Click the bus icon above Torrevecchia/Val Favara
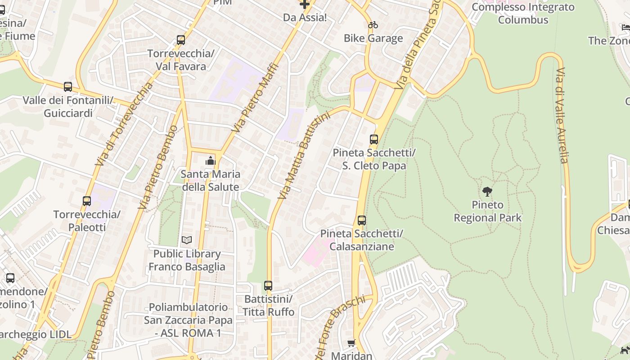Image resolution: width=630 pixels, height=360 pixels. (x=181, y=40)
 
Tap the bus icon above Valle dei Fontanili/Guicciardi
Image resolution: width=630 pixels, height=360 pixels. (x=68, y=87)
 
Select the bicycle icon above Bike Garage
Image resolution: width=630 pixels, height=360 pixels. (x=373, y=25)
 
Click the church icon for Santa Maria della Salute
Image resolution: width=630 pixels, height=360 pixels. (x=210, y=161)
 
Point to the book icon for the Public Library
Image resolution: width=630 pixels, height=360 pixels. (x=187, y=240)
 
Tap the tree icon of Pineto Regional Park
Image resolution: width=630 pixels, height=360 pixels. (x=487, y=192)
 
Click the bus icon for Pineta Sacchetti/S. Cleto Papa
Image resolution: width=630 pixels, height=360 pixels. (x=374, y=139)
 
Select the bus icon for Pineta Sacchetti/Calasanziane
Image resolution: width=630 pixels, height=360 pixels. (x=362, y=220)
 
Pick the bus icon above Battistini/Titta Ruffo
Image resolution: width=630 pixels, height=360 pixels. (x=268, y=286)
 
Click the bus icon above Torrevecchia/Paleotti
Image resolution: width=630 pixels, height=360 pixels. (x=87, y=201)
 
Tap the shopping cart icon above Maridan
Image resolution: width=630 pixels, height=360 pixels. (x=351, y=343)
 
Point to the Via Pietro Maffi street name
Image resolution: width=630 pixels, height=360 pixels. (x=255, y=98)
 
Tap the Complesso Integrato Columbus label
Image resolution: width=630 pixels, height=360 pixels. (x=523, y=13)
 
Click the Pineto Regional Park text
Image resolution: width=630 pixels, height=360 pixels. (x=487, y=211)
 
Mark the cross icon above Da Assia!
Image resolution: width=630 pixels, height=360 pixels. (x=305, y=4)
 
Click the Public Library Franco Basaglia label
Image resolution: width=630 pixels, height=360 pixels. (x=187, y=260)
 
